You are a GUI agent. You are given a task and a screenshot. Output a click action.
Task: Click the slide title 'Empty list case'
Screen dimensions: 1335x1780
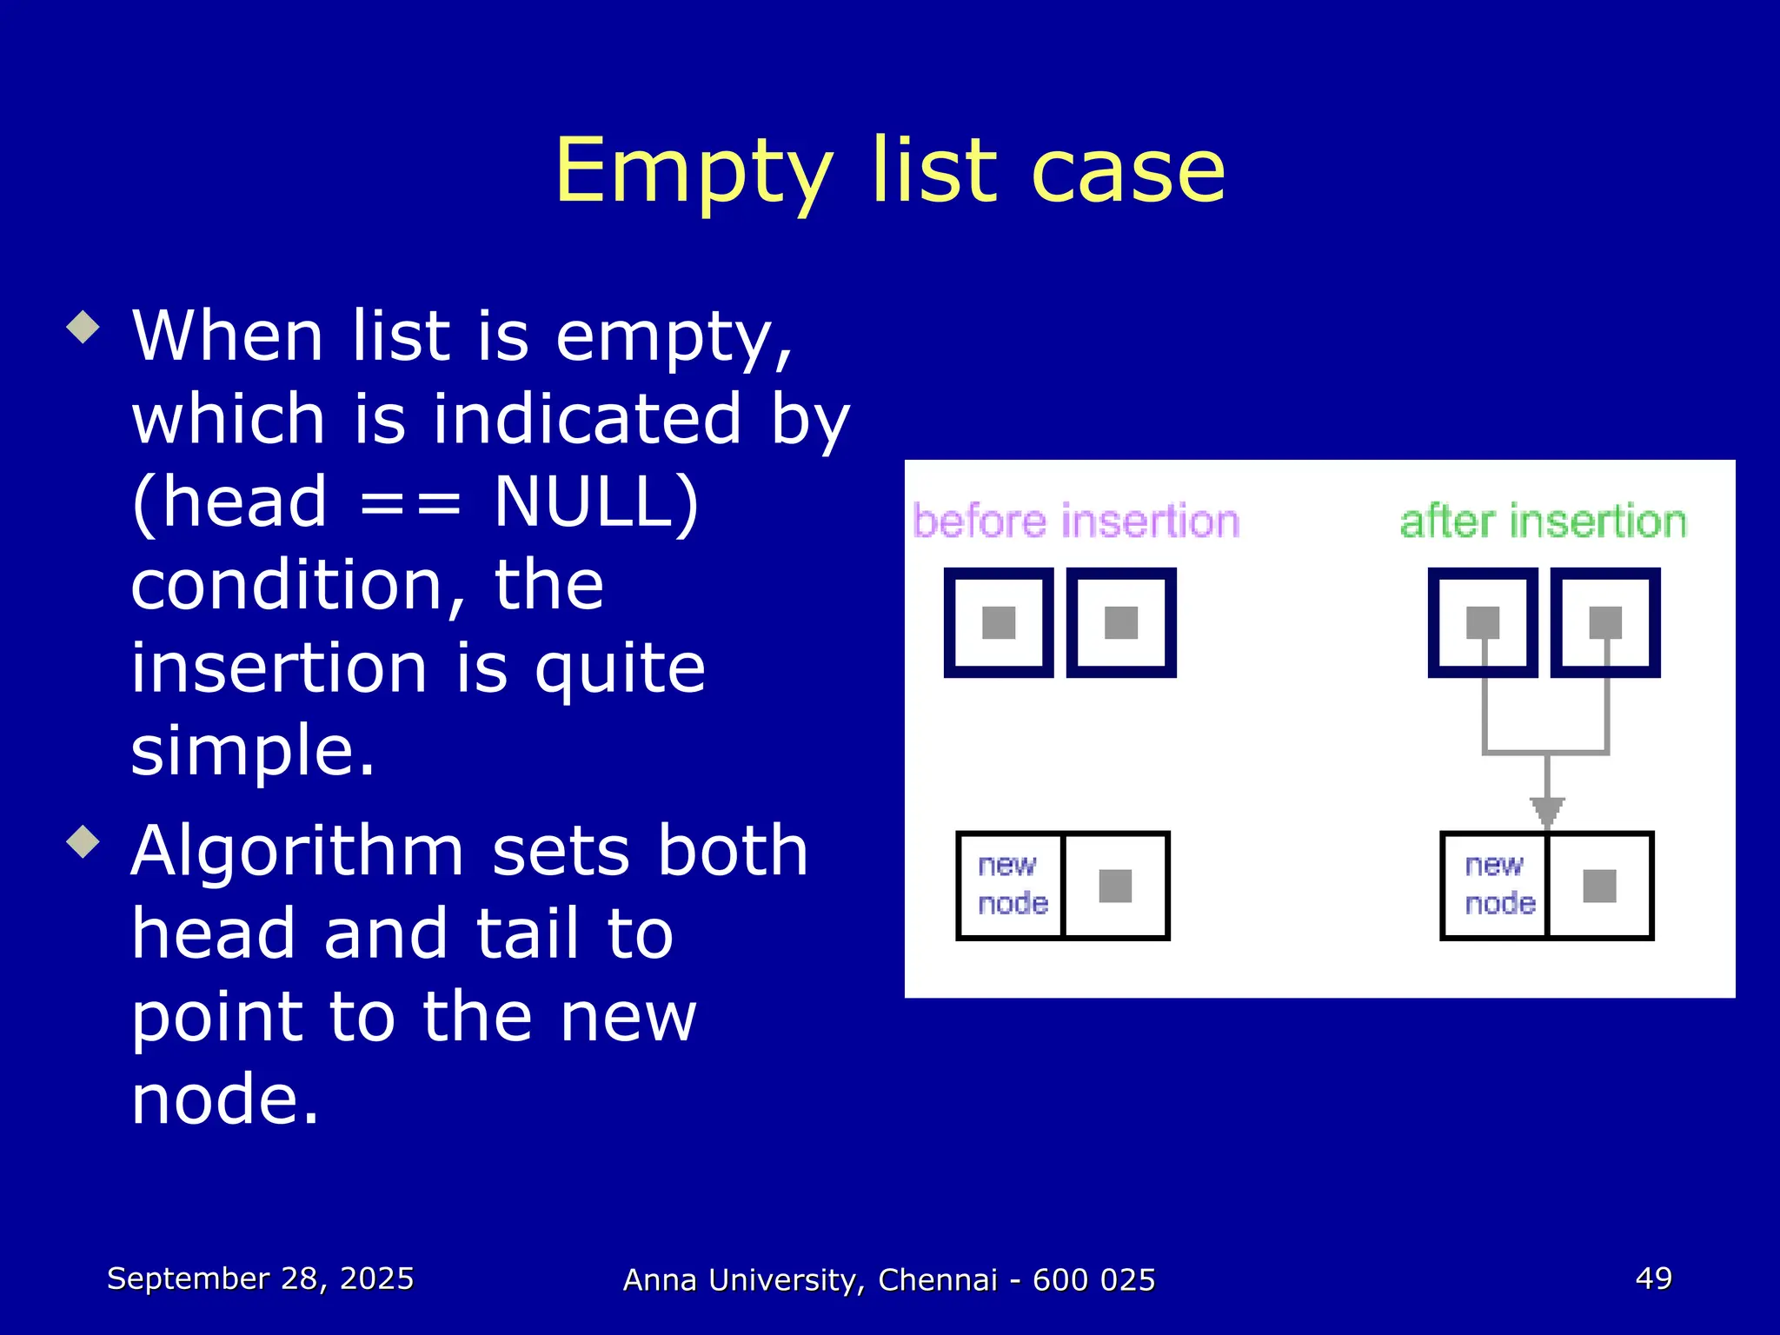click(890, 171)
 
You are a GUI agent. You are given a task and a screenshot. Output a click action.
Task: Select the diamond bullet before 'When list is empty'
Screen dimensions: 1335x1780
click(83, 328)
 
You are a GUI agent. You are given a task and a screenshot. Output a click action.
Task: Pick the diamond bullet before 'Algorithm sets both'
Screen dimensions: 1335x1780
click(83, 841)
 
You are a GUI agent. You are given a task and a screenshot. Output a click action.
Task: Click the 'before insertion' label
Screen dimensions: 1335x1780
click(1076, 521)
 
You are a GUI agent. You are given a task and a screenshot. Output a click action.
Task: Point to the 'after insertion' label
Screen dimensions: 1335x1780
click(1543, 521)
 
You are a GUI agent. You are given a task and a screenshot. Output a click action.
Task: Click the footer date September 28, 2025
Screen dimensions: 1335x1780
click(260, 1279)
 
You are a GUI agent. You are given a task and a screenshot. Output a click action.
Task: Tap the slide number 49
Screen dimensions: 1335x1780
click(1653, 1279)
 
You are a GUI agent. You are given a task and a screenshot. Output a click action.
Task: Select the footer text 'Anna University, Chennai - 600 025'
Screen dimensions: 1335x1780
click(889, 1280)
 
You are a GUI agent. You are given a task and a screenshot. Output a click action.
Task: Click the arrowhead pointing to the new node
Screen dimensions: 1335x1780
click(1547, 812)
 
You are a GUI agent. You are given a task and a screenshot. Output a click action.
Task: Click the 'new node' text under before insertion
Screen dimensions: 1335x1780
click(1012, 885)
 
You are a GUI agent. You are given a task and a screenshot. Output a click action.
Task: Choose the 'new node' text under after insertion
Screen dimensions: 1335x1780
click(1498, 885)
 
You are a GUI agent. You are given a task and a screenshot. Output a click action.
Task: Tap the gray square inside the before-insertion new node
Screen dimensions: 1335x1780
click(1115, 886)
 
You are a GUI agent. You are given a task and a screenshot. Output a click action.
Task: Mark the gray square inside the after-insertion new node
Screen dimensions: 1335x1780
click(1599, 886)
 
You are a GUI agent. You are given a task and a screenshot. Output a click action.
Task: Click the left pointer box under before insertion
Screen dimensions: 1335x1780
click(999, 622)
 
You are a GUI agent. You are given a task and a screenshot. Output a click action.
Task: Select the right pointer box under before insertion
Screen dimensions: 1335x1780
click(1121, 622)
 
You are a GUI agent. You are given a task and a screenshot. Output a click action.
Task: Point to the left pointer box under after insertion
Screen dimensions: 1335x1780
click(1483, 622)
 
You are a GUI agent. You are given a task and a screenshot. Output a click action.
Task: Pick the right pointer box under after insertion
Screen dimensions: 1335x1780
click(1605, 622)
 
